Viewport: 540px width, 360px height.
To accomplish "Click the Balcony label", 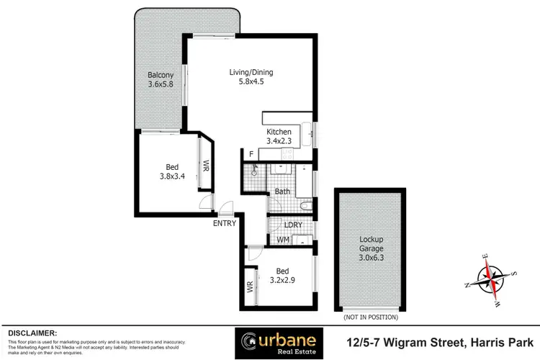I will tap(161, 79).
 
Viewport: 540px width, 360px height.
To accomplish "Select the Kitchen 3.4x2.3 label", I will tap(279, 137).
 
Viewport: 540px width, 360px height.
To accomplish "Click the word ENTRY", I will tap(225, 223).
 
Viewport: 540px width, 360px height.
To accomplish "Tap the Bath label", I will tap(282, 192).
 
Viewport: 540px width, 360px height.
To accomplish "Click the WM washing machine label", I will tap(283, 239).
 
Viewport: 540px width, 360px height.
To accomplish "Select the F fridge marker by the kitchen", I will tap(251, 154).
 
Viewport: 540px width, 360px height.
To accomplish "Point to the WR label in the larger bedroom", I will tap(206, 164).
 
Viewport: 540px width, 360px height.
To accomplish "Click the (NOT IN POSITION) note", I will tap(372, 317).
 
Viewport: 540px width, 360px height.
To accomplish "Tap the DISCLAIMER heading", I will tap(32, 333).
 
